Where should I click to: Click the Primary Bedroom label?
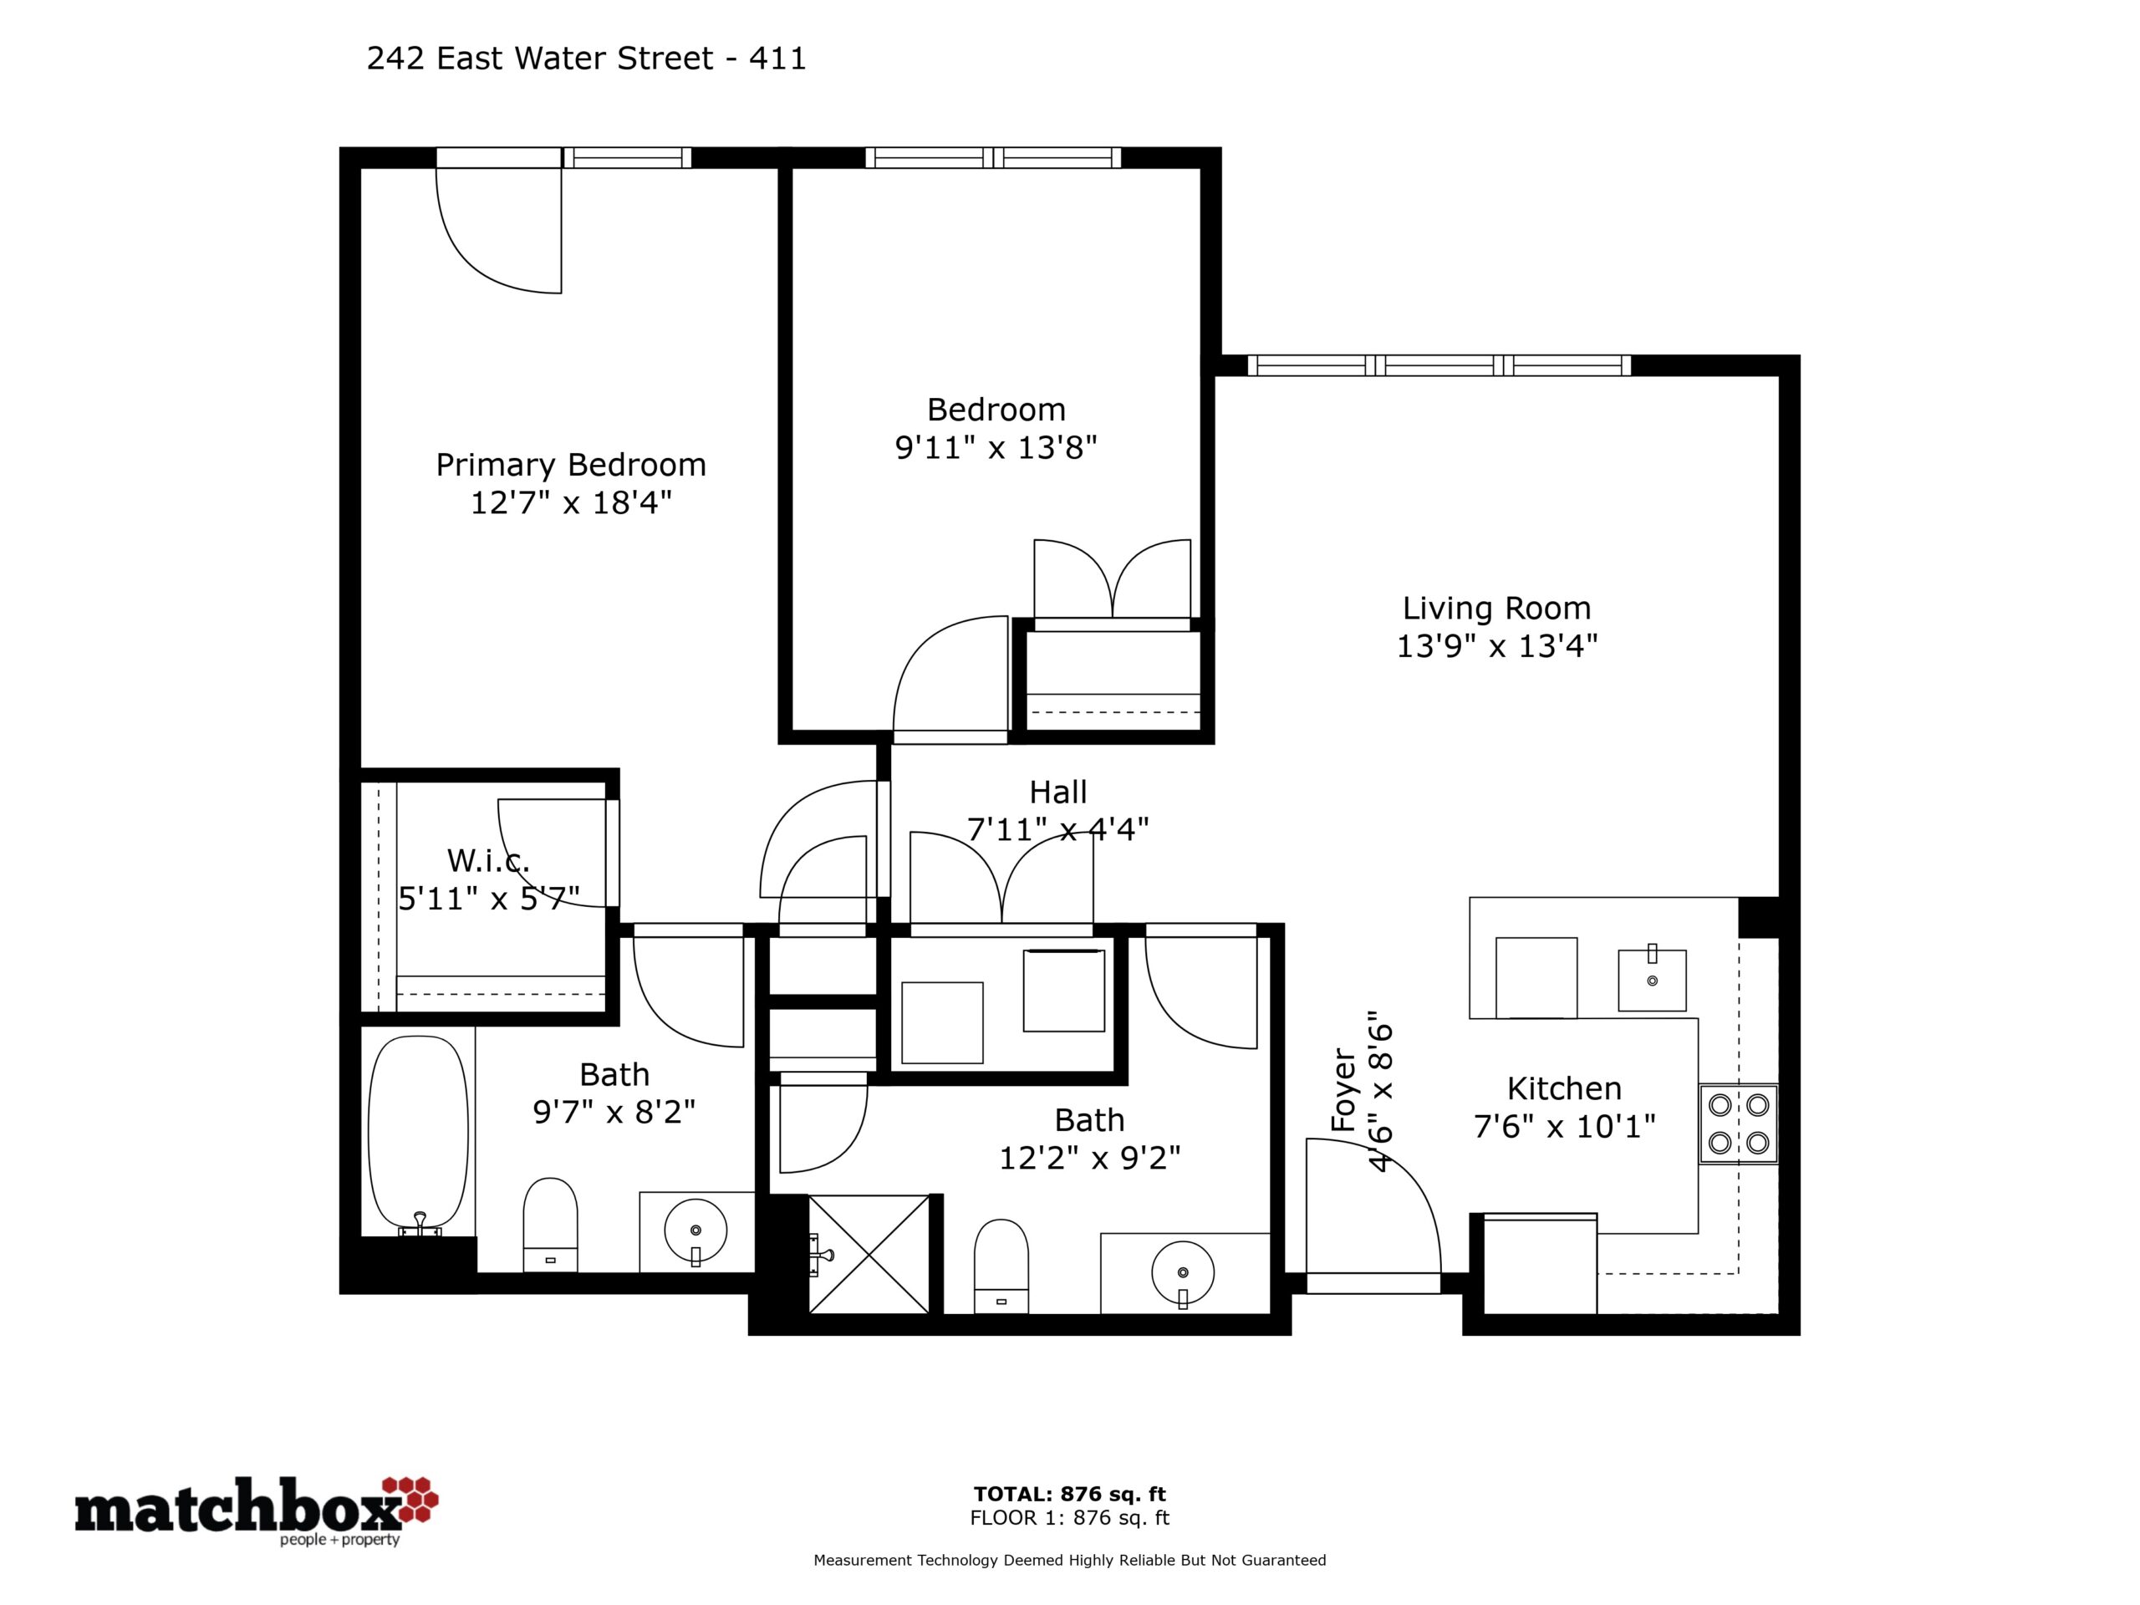click(571, 466)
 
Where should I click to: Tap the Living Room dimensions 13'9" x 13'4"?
click(1496, 645)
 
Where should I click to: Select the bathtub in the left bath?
click(419, 1136)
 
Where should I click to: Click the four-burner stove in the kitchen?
click(1739, 1123)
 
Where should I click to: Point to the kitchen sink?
click(1653, 980)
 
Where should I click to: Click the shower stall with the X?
click(869, 1254)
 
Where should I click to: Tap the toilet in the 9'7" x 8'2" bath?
click(551, 1225)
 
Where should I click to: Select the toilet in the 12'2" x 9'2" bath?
click(1001, 1266)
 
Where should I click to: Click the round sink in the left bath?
click(695, 1231)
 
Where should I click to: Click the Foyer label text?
click(1344, 1089)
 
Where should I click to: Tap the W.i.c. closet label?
click(488, 860)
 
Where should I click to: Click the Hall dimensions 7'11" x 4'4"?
click(1058, 829)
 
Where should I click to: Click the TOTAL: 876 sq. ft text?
click(1070, 1495)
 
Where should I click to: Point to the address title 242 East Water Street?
click(540, 59)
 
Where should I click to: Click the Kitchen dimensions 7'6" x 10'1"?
click(1564, 1126)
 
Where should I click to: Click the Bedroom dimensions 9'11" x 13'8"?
click(996, 448)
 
